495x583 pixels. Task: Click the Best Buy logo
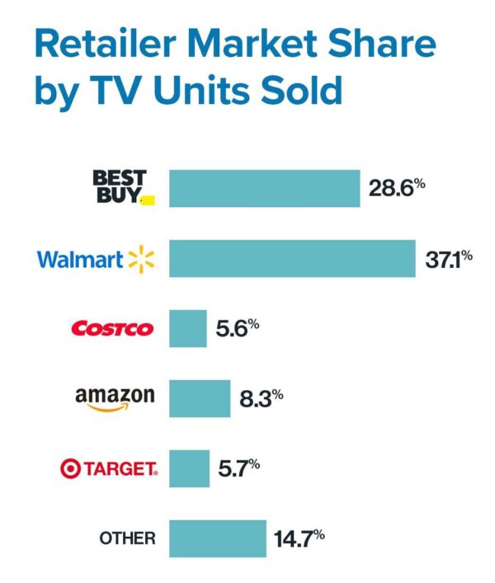(x=120, y=188)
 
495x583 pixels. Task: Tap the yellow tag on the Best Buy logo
(x=148, y=200)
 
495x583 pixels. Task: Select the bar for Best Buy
(x=264, y=189)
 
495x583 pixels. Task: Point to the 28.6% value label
(x=397, y=189)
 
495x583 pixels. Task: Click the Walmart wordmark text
(x=80, y=260)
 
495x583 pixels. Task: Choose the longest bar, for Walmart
(x=292, y=259)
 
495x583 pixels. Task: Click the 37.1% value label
(x=448, y=259)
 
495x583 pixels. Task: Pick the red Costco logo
(x=113, y=329)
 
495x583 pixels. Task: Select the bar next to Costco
(x=188, y=329)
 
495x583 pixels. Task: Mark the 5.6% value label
(x=238, y=328)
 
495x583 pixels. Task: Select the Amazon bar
(x=200, y=398)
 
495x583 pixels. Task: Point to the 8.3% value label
(x=261, y=398)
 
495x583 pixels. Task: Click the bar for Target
(x=189, y=468)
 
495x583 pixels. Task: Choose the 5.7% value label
(x=238, y=468)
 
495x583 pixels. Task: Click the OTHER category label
(x=127, y=538)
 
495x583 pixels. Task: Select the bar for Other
(x=218, y=538)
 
